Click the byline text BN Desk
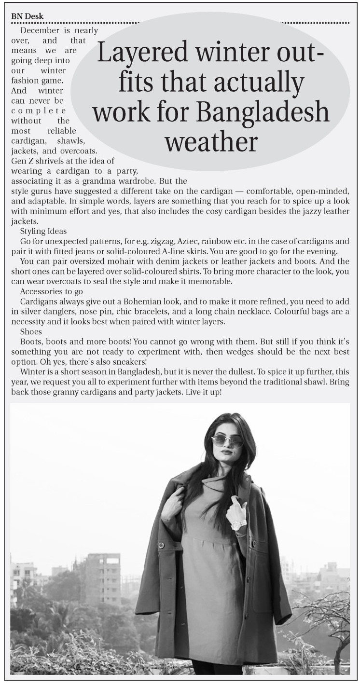[27, 16]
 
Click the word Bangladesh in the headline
[264, 111]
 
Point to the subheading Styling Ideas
[43, 232]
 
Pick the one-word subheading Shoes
[31, 332]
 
